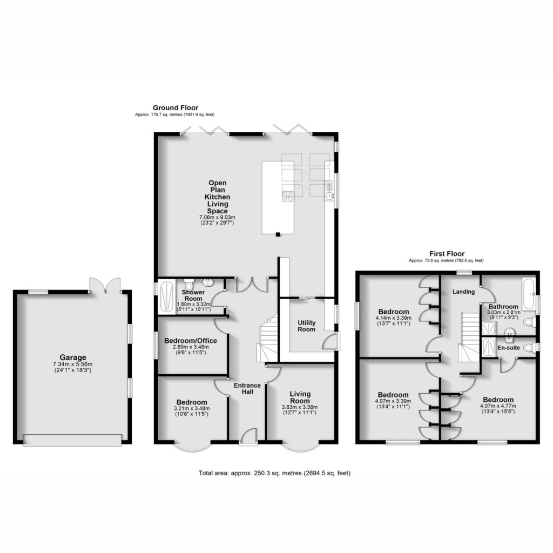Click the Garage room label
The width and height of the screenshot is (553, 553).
tap(73, 358)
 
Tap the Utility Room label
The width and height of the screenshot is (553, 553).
tap(307, 326)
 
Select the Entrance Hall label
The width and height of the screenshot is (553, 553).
tap(247, 388)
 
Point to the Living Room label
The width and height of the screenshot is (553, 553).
tap(300, 397)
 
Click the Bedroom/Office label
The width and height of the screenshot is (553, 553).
tap(191, 341)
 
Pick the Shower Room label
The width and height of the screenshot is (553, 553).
tap(193, 295)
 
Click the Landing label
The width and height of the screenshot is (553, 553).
tap(463, 292)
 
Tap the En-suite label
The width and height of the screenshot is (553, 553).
tap(509, 348)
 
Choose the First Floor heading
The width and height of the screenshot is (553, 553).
tap(447, 254)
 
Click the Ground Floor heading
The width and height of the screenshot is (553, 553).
tap(176, 107)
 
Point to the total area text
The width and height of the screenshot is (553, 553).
tap(274, 473)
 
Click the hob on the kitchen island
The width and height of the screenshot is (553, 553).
tap(288, 196)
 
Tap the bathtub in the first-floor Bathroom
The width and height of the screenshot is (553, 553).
tap(528, 294)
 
